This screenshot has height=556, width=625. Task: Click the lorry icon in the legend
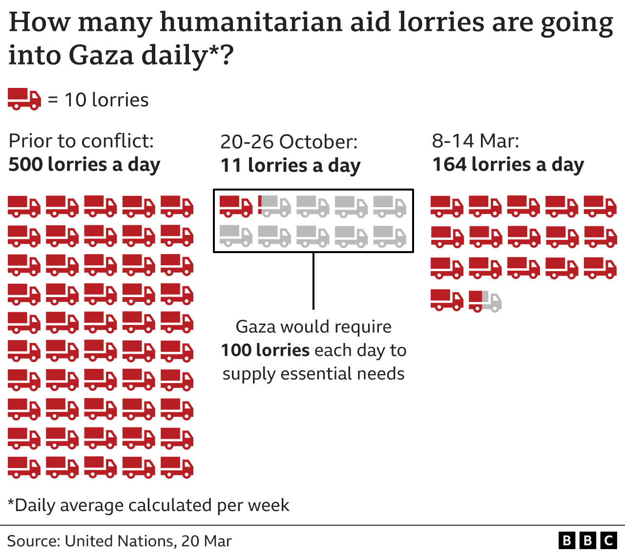tap(24, 99)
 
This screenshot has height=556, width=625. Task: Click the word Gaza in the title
tap(101, 55)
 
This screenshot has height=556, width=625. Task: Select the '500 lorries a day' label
tap(84, 165)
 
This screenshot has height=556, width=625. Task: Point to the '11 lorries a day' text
tap(290, 166)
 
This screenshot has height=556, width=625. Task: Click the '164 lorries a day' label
tap(508, 165)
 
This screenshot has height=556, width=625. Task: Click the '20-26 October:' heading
tap(289, 142)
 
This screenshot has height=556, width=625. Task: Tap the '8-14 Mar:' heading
tap(475, 141)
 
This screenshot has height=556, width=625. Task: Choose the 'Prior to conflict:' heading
tap(81, 141)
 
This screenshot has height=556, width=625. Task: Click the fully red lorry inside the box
tap(236, 206)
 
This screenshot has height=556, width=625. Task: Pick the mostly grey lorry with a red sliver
tap(274, 206)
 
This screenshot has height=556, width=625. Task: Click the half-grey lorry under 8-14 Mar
tap(485, 300)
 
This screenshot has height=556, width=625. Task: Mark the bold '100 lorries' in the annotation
tap(265, 350)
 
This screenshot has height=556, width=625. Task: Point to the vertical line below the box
tap(313, 281)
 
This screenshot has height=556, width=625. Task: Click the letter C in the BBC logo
tap(608, 540)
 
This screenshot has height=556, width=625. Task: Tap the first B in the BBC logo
tap(566, 540)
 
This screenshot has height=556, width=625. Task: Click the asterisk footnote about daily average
tap(148, 505)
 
